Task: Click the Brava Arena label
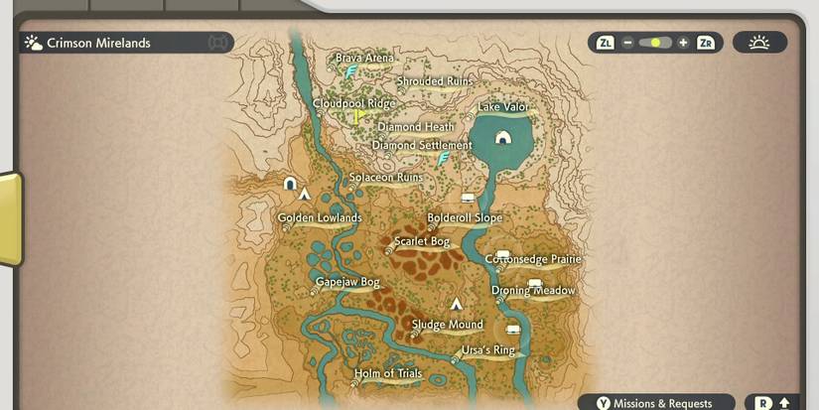pyautogui.click(x=364, y=59)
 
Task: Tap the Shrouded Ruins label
pyautogui.click(x=434, y=81)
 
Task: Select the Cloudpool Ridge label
pyautogui.click(x=353, y=103)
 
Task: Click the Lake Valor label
pyautogui.click(x=502, y=107)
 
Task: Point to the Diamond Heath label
pyautogui.click(x=416, y=127)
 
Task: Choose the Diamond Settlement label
pyautogui.click(x=422, y=146)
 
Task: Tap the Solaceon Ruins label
pyautogui.click(x=385, y=178)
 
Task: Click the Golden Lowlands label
pyautogui.click(x=320, y=217)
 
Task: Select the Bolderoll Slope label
pyautogui.click(x=465, y=217)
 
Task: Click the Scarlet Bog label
pyautogui.click(x=422, y=241)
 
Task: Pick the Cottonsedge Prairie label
pyautogui.click(x=533, y=259)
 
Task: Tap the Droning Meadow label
pyautogui.click(x=533, y=291)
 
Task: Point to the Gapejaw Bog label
pyautogui.click(x=347, y=283)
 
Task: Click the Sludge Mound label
pyautogui.click(x=448, y=325)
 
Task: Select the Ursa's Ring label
pyautogui.click(x=488, y=350)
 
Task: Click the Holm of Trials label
pyautogui.click(x=388, y=374)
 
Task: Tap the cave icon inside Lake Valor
pyautogui.click(x=503, y=137)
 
